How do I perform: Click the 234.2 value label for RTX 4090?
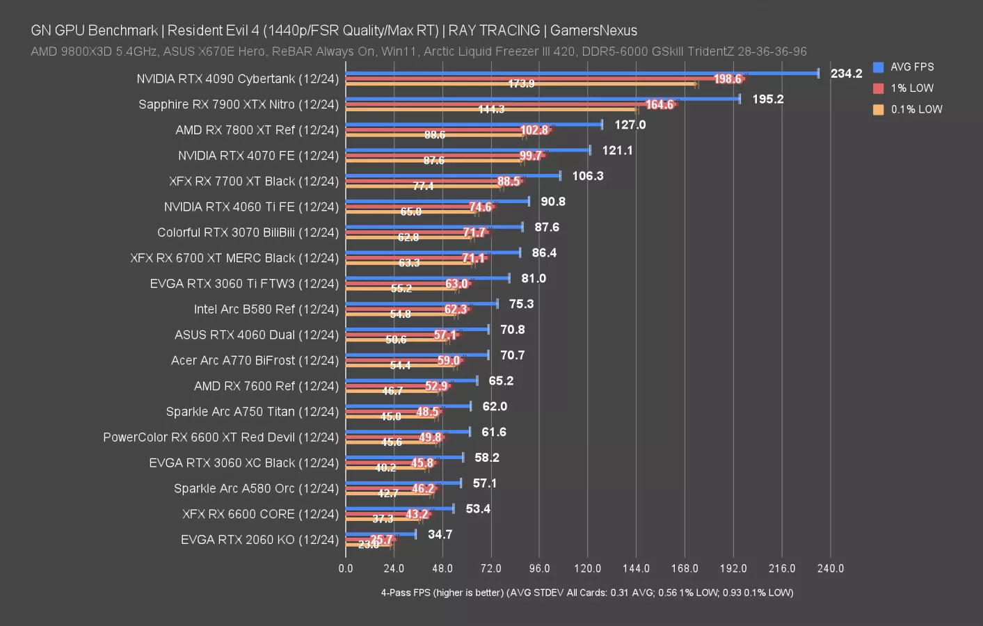pos(846,74)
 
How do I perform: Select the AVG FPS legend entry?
pos(911,67)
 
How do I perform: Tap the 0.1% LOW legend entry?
pos(916,110)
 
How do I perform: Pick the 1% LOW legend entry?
pos(911,88)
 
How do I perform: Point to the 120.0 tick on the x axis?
pos(587,569)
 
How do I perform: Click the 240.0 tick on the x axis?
pos(830,569)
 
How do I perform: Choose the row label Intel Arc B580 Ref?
pos(266,310)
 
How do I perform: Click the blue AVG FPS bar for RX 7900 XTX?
pos(543,99)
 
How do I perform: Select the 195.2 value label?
pos(767,99)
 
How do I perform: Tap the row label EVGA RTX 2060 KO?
pos(259,540)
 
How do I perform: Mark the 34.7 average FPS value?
pos(440,535)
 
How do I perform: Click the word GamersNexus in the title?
pos(593,31)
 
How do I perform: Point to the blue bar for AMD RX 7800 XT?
pos(474,125)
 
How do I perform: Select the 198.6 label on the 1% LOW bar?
pos(728,79)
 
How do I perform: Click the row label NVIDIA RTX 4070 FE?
pos(258,156)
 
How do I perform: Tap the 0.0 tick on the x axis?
pos(346,569)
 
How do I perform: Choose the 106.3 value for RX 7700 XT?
pos(587,176)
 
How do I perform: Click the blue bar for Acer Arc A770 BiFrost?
pos(417,355)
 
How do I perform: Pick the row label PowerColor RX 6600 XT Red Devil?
pos(221,438)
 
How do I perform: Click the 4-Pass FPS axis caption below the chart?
pos(586,593)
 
